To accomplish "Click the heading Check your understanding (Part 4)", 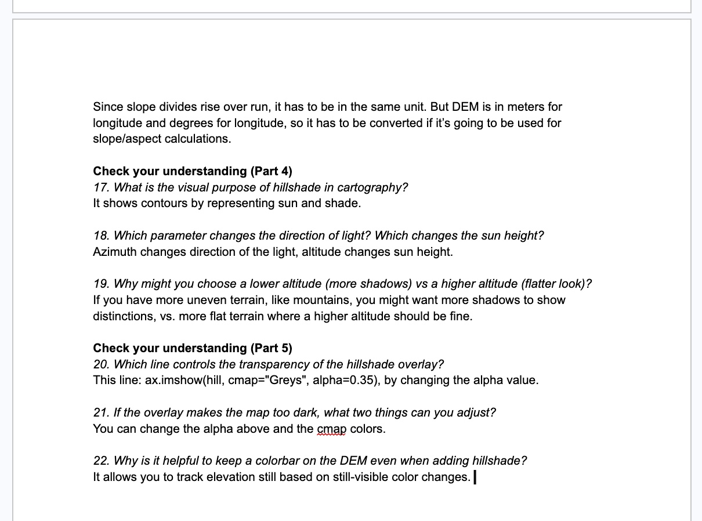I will pos(193,171).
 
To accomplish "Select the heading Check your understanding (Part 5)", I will pos(193,348).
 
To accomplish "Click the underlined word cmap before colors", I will pos(332,429).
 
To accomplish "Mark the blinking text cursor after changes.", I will pos(475,477).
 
